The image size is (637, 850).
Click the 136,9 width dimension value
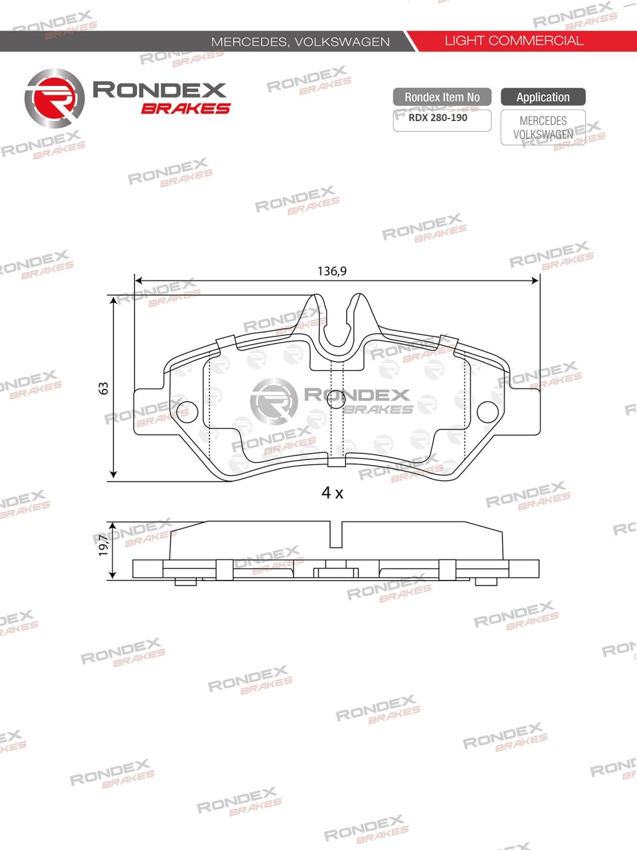332,271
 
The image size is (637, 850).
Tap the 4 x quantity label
332,493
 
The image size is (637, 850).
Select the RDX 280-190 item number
438,118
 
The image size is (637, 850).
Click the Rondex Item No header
442,97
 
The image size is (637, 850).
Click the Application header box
543,97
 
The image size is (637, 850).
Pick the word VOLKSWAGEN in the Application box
543,134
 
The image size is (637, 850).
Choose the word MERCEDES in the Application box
543,120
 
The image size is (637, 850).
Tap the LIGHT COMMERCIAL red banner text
513,41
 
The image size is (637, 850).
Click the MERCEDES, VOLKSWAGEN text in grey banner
300,41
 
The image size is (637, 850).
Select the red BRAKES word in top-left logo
185,109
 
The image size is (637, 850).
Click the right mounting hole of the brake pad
488,411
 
